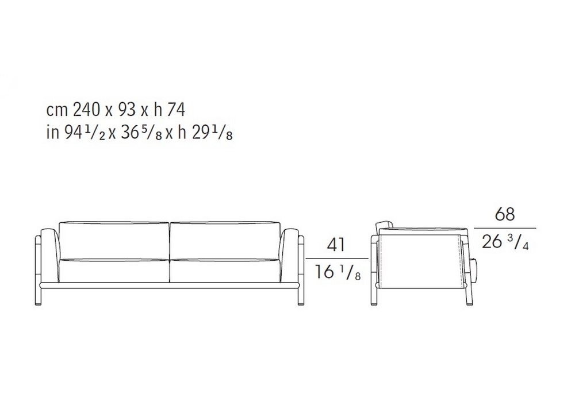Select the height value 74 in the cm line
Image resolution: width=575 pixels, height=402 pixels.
pos(177,109)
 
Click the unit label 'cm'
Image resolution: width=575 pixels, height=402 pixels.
pos(57,111)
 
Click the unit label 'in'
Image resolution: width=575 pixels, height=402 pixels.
pos(53,133)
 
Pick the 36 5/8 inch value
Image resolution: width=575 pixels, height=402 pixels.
pos(141,133)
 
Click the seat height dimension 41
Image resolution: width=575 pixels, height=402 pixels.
pos(336,245)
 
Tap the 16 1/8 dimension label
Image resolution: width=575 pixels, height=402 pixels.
pos(337,272)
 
